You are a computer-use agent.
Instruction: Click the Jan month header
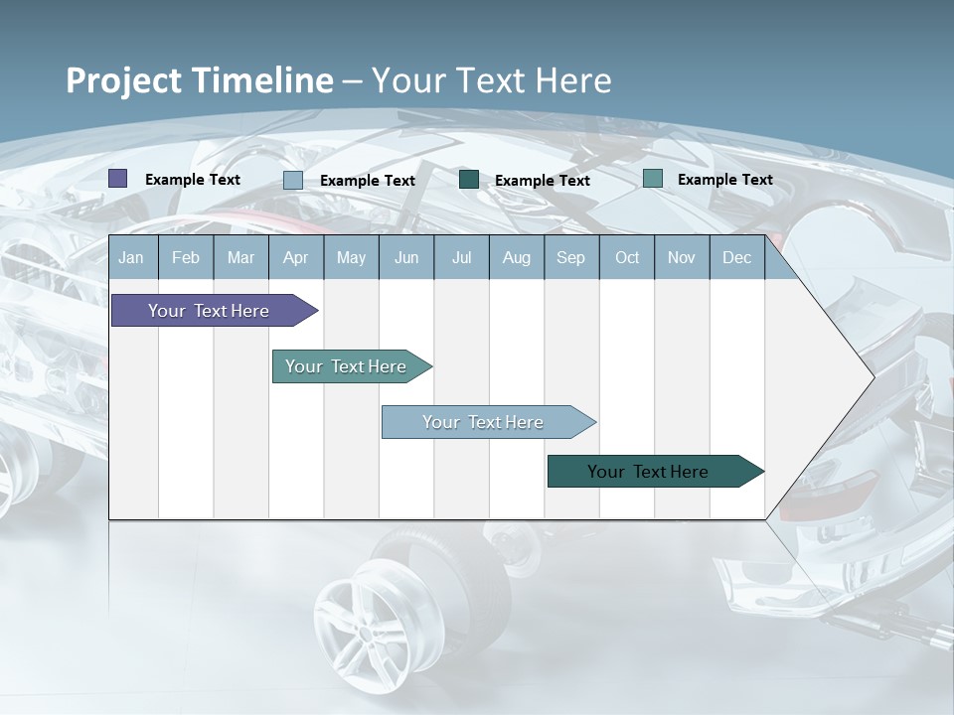tap(131, 258)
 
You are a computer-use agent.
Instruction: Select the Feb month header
tap(186, 258)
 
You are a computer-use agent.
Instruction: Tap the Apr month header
tap(295, 258)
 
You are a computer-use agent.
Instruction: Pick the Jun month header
tap(406, 258)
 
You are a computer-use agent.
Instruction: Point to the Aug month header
tap(516, 258)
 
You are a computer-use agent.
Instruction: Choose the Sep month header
tap(570, 258)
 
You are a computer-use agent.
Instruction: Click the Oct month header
tap(627, 258)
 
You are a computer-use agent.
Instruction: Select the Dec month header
tap(736, 258)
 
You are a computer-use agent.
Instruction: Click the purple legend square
tap(118, 179)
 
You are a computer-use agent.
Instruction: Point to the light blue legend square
tap(293, 180)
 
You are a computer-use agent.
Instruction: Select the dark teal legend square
tap(469, 180)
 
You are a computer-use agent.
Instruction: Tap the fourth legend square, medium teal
tap(653, 179)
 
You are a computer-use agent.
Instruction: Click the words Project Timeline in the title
tap(200, 80)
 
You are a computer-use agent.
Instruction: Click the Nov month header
tap(682, 258)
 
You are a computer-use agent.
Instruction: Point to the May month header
tap(351, 258)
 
